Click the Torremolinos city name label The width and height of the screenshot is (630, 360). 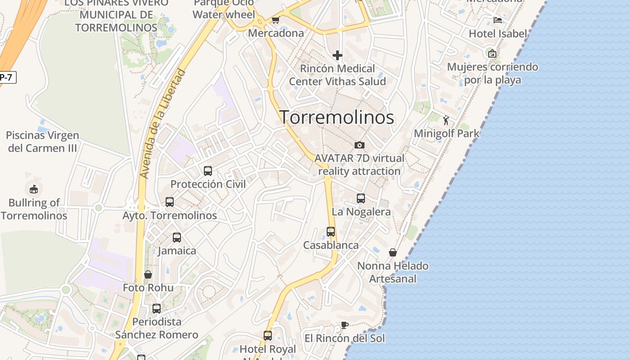click(337, 117)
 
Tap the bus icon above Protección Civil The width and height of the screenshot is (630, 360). click(207, 171)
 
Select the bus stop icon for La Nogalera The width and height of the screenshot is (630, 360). click(360, 198)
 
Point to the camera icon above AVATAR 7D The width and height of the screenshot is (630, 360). click(359, 145)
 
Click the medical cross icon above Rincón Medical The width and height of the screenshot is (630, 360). click(337, 55)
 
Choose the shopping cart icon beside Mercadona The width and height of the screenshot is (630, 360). click(275, 20)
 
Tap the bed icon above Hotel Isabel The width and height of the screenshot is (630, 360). click(497, 20)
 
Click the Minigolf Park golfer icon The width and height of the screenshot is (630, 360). click(446, 120)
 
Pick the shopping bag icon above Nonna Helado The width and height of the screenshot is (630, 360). click(393, 252)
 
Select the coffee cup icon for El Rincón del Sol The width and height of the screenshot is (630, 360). click(345, 325)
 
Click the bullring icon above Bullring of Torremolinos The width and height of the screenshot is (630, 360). click(34, 189)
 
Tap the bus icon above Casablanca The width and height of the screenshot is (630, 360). click(331, 232)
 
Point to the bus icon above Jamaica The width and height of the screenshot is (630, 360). click(177, 237)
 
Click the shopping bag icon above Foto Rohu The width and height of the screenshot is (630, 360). click(148, 274)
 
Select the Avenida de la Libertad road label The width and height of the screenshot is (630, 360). click(163, 123)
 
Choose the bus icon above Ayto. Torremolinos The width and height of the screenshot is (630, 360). click(170, 202)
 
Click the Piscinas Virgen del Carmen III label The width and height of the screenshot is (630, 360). click(42, 142)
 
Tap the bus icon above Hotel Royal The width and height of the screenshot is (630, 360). click(268, 336)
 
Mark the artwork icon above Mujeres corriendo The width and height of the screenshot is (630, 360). click(492, 54)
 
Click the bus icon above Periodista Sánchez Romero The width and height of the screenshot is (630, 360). click(157, 309)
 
